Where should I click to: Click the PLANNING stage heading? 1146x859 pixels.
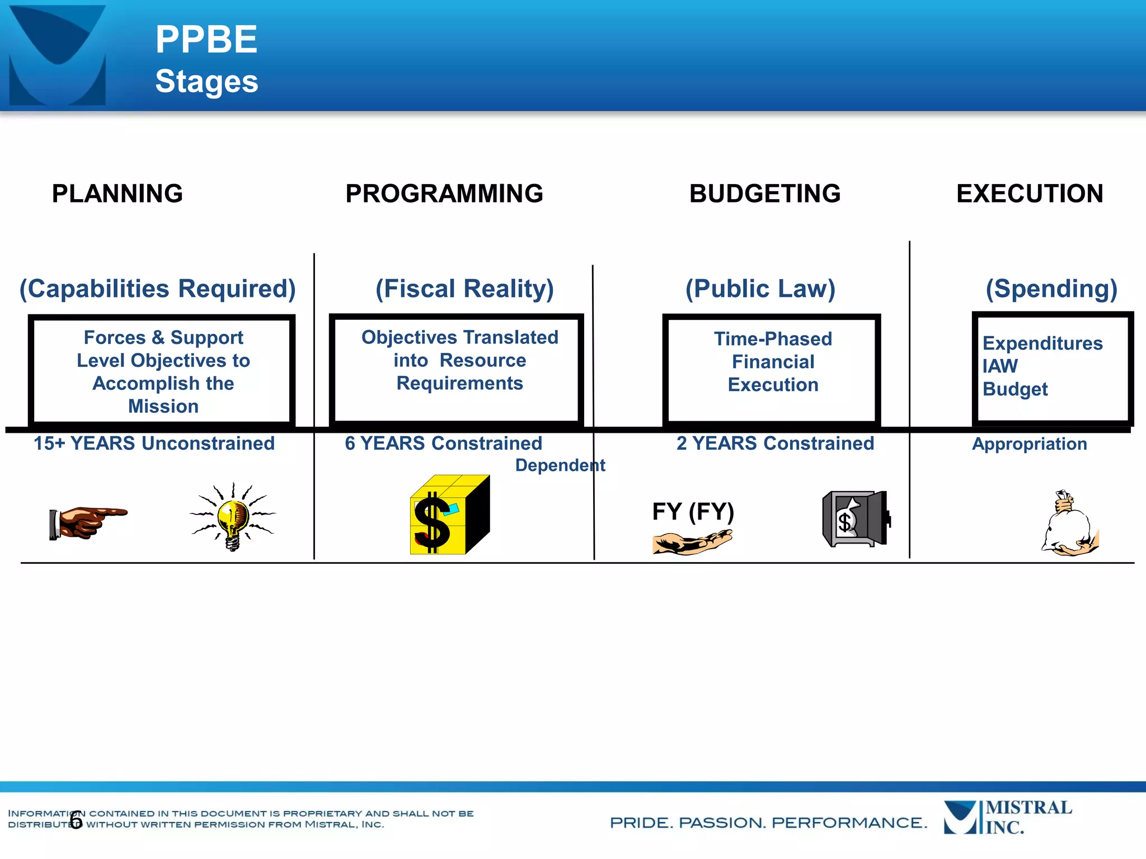point(118,194)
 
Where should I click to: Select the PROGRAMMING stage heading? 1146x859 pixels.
point(444,194)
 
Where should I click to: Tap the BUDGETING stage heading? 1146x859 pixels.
point(765,194)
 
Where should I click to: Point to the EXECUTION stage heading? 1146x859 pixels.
point(1030,194)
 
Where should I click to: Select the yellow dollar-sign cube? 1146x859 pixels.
point(449,515)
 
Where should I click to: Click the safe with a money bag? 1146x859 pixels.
point(856,519)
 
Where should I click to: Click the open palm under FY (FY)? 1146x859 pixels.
point(692,542)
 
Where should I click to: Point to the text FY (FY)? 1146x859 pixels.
point(693,511)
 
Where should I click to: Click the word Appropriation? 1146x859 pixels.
point(1030,444)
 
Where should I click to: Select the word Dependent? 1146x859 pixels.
point(560,465)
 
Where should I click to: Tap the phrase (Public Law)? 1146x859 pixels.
point(760,289)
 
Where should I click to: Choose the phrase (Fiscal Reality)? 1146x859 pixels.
point(464,289)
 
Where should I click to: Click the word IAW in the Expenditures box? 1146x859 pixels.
point(1000,366)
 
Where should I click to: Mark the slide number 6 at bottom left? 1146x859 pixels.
point(76,820)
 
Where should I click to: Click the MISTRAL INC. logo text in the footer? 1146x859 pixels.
point(1028,817)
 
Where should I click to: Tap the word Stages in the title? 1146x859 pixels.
point(206,82)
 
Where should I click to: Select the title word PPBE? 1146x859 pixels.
point(206,40)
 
